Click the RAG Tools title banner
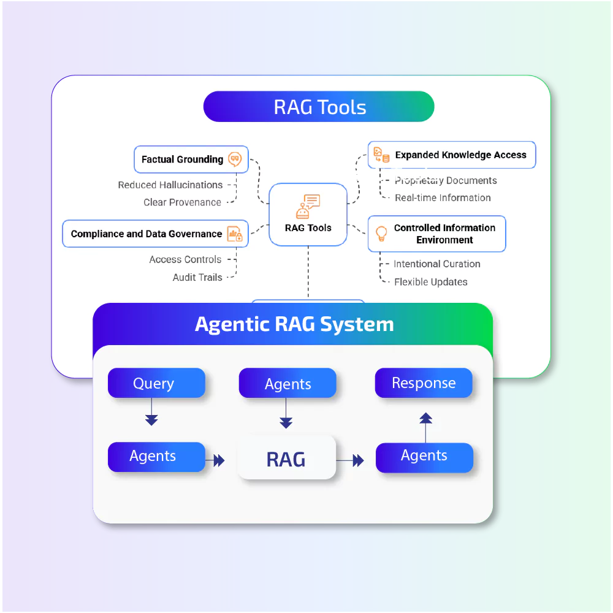(319, 107)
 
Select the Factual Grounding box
(191, 159)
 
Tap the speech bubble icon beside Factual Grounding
(234, 159)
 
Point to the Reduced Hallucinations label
(170, 185)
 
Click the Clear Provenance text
(182, 202)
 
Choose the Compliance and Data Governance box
(155, 234)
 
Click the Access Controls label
(185, 260)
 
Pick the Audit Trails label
(197, 278)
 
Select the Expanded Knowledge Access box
(452, 155)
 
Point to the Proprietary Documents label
(446, 181)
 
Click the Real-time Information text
(443, 198)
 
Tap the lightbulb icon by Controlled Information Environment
(381, 234)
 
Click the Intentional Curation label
(436, 264)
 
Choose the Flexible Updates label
(430, 282)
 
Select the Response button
(424, 383)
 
